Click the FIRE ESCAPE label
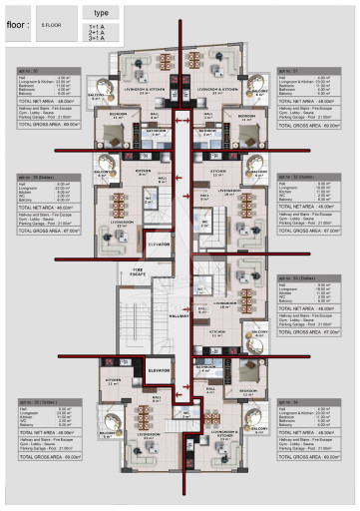coord(139,272)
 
